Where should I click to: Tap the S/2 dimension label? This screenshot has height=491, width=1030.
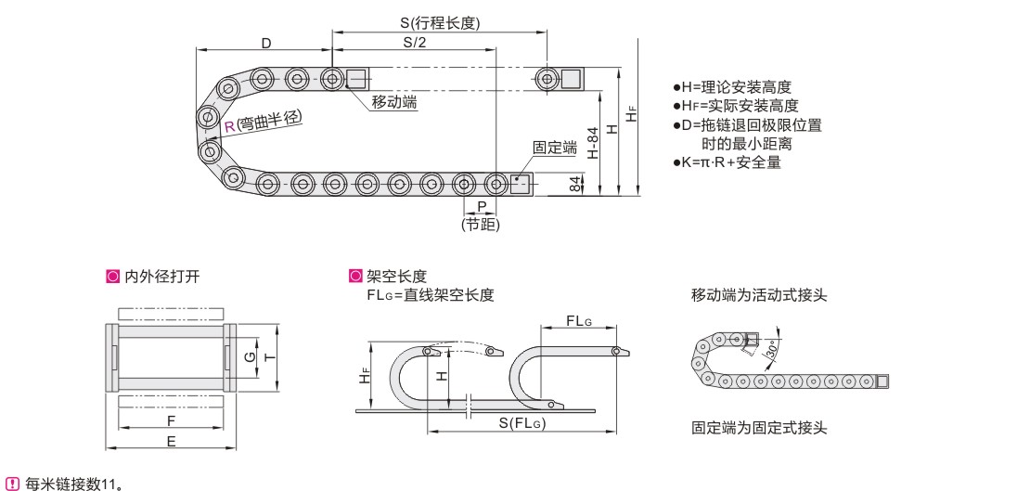coord(415,43)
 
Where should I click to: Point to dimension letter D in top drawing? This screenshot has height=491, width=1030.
coord(265,44)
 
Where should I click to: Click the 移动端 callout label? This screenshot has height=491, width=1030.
coord(393,102)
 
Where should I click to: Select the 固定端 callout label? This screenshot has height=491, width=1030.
coord(554,147)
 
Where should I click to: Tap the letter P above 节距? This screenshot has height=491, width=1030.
coord(481,205)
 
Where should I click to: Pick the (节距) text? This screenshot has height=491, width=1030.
coord(480,224)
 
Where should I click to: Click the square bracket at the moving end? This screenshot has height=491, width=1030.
coord(355,78)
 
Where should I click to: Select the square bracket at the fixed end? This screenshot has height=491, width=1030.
coord(520,183)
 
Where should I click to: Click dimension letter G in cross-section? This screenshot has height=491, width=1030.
coord(248,356)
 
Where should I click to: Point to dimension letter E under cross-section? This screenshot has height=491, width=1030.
coord(171,443)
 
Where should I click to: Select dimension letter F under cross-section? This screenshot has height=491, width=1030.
coord(171,420)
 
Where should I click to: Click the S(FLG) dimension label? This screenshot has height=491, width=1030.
coord(521,424)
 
